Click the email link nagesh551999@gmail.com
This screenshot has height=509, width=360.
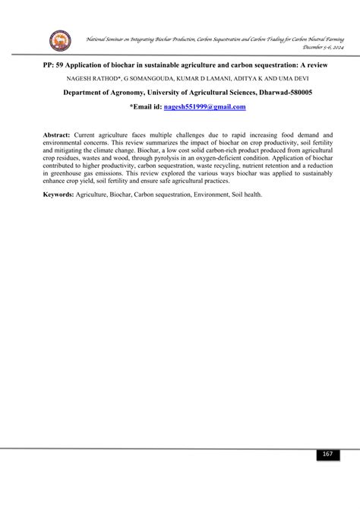pos(205,107)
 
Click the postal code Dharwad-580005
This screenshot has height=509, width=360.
pos(270,92)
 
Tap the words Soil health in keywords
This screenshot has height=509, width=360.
pos(245,194)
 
